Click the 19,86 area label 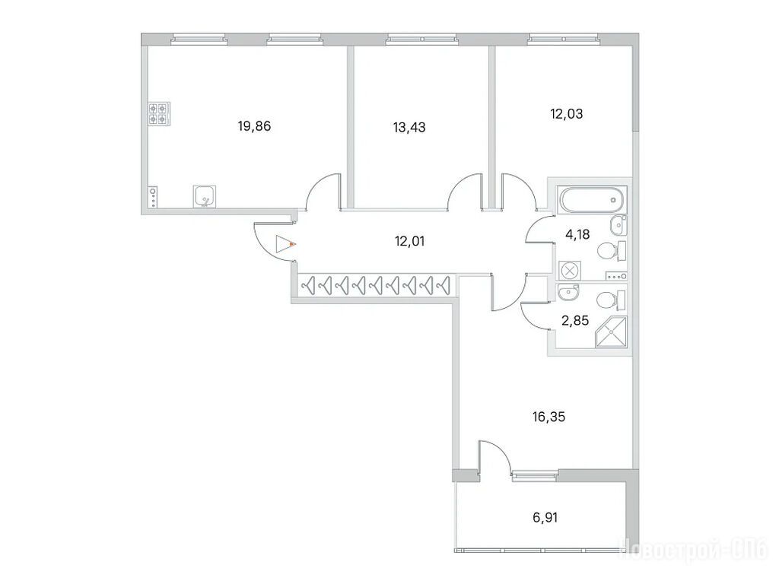pos(254,126)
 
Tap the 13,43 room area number pos(409,128)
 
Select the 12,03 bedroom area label pos(566,114)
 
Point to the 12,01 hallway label pos(409,241)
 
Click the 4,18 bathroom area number pos(577,234)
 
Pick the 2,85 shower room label pos(575,320)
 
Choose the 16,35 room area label pos(548,417)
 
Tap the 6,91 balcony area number pos(545,517)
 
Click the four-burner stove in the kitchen pos(159,114)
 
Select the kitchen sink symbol pos(205,195)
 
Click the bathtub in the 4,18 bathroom pos(592,200)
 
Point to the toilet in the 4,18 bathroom pos(611,251)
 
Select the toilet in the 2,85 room pos(611,300)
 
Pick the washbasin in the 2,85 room pos(568,293)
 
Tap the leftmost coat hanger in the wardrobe pos(309,286)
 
